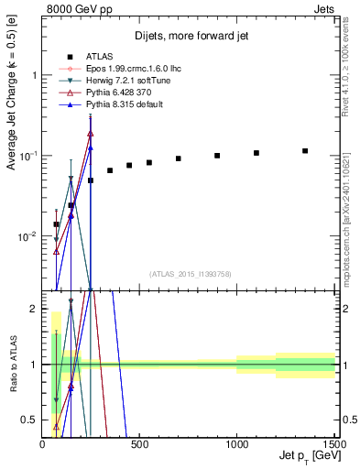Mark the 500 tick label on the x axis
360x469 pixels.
click(x=139, y=443)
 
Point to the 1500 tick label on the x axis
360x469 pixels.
click(x=333, y=443)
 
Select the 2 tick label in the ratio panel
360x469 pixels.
click(x=34, y=309)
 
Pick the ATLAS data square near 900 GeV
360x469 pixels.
click(x=217, y=156)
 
